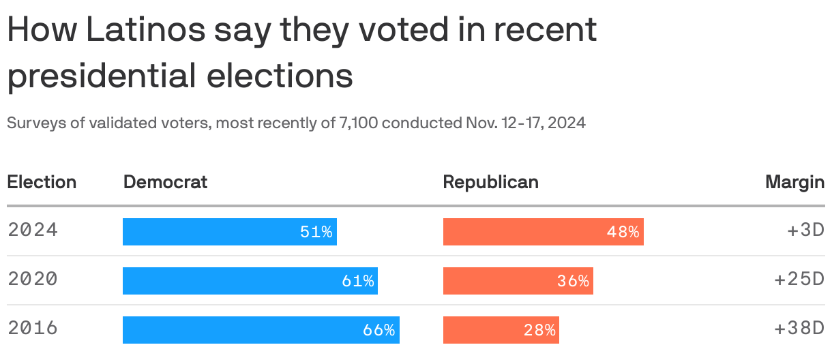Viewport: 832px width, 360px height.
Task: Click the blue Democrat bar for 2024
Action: [229, 232]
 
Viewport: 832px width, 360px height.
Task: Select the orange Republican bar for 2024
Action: [543, 232]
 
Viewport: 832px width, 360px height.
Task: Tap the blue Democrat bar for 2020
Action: [250, 281]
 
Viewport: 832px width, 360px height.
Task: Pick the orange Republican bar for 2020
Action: [518, 281]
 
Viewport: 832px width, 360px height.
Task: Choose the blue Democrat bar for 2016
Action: [261, 330]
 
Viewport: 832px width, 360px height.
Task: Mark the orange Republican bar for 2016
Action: [501, 330]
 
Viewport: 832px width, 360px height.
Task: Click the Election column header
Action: [42, 182]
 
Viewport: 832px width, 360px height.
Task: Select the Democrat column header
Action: [165, 182]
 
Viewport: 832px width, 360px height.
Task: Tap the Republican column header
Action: [490, 182]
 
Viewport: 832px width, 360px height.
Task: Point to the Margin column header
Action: [794, 182]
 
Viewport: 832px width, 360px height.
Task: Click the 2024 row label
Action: [33, 230]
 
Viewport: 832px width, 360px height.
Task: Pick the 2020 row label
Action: [33, 279]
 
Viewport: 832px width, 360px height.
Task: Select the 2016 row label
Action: [33, 328]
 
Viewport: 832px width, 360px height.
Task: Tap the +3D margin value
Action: [805, 230]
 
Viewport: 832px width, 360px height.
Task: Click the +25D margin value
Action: [799, 280]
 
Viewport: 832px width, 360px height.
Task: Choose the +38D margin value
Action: [799, 329]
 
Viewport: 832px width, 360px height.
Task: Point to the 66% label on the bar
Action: [378, 331]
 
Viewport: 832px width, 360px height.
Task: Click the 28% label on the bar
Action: [539, 331]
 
